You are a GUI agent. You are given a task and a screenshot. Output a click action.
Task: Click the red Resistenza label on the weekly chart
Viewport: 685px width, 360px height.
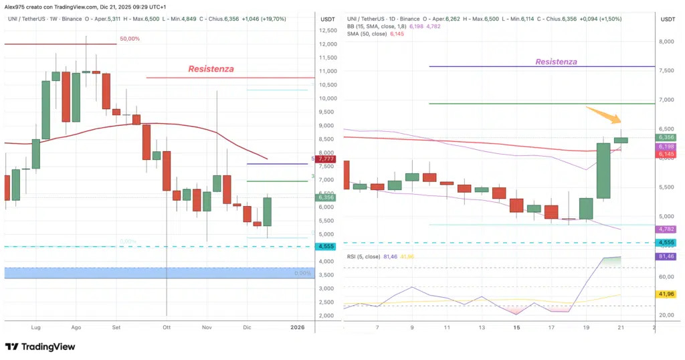211,69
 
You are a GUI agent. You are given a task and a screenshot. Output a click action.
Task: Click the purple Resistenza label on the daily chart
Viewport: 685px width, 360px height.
556,62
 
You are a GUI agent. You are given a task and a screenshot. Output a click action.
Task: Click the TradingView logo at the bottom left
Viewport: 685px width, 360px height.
40,347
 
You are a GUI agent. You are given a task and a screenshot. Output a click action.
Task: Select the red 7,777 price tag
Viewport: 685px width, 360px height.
326,159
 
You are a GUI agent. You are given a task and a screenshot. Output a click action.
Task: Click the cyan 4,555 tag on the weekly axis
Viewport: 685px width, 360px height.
326,246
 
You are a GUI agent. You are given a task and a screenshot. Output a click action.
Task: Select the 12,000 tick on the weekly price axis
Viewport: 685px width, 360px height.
326,43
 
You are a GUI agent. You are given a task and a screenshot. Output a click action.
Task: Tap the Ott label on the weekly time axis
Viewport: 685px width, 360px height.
166,327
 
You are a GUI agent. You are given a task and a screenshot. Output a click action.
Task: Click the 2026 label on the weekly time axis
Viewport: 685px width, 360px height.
298,327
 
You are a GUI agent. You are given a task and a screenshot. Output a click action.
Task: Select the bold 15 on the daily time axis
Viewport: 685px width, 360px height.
516,328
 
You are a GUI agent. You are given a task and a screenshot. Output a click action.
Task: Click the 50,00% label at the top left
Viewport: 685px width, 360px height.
130,39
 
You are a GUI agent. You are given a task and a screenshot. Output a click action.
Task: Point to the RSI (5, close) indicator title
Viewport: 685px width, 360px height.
366,256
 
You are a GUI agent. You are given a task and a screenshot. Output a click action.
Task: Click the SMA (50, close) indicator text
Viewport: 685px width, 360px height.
367,33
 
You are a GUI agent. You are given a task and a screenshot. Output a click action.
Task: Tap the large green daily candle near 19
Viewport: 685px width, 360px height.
604,171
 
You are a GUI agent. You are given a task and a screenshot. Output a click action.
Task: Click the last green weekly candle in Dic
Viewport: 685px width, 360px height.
268,211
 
